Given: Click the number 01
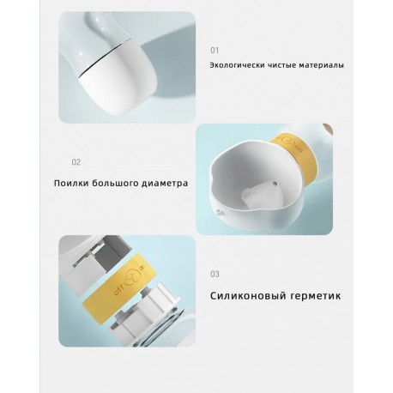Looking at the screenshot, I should coord(215,51).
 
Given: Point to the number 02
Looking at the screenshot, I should coord(76,161).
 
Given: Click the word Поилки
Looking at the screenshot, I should coord(70,183).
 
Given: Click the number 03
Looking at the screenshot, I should coord(215,275).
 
